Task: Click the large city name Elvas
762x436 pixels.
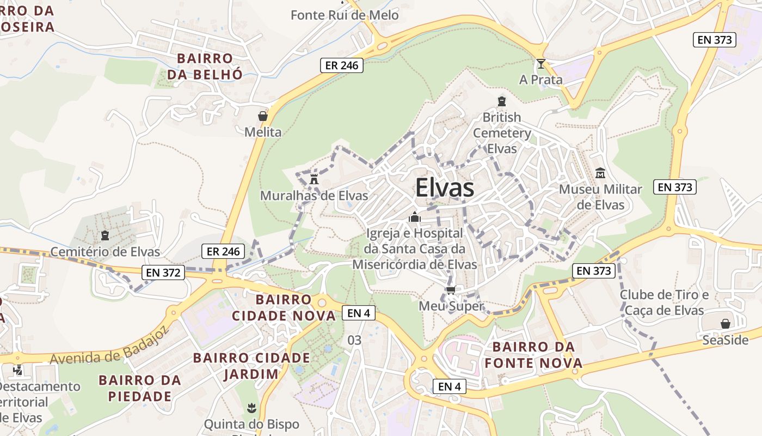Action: click(444, 188)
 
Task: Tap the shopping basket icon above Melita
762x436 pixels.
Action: click(263, 116)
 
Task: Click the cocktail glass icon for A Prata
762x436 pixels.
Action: click(540, 64)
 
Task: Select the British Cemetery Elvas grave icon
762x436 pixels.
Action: click(502, 101)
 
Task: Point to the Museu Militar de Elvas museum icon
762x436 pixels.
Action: click(600, 173)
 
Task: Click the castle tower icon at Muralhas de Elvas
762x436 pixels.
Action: click(314, 179)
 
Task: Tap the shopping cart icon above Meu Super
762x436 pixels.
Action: click(450, 290)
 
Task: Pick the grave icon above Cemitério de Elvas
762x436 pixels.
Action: click(105, 235)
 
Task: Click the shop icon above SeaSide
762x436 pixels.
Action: click(725, 324)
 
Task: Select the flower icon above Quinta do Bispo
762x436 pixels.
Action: click(251, 408)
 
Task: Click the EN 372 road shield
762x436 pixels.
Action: click(163, 272)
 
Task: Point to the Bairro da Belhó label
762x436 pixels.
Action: click(204, 66)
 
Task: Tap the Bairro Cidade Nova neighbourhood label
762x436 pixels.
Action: click(284, 308)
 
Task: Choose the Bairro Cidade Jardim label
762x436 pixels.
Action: click(251, 366)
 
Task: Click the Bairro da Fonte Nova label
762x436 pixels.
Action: click(533, 355)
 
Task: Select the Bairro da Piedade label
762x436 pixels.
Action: click(139, 388)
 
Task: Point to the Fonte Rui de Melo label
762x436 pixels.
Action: click(345, 15)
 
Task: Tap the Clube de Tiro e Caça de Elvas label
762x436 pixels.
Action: click(664, 302)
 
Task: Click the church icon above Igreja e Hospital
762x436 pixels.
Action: click(415, 217)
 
